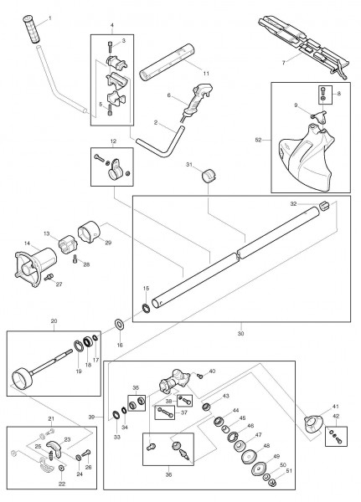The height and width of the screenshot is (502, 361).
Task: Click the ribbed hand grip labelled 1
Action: click(x=32, y=28)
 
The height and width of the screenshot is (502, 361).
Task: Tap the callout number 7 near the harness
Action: click(x=283, y=63)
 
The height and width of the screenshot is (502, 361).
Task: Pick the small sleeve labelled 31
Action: click(x=209, y=175)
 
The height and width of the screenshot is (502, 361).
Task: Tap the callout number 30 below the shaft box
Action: click(x=240, y=333)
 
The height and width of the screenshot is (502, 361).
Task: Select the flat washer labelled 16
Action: click(x=121, y=324)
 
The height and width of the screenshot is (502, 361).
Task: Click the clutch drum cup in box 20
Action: click(x=22, y=379)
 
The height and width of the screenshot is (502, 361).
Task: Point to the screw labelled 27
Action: click(x=49, y=277)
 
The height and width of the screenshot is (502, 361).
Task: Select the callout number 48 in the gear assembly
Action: click(x=266, y=446)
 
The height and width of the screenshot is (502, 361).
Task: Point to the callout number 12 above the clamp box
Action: click(x=113, y=141)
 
